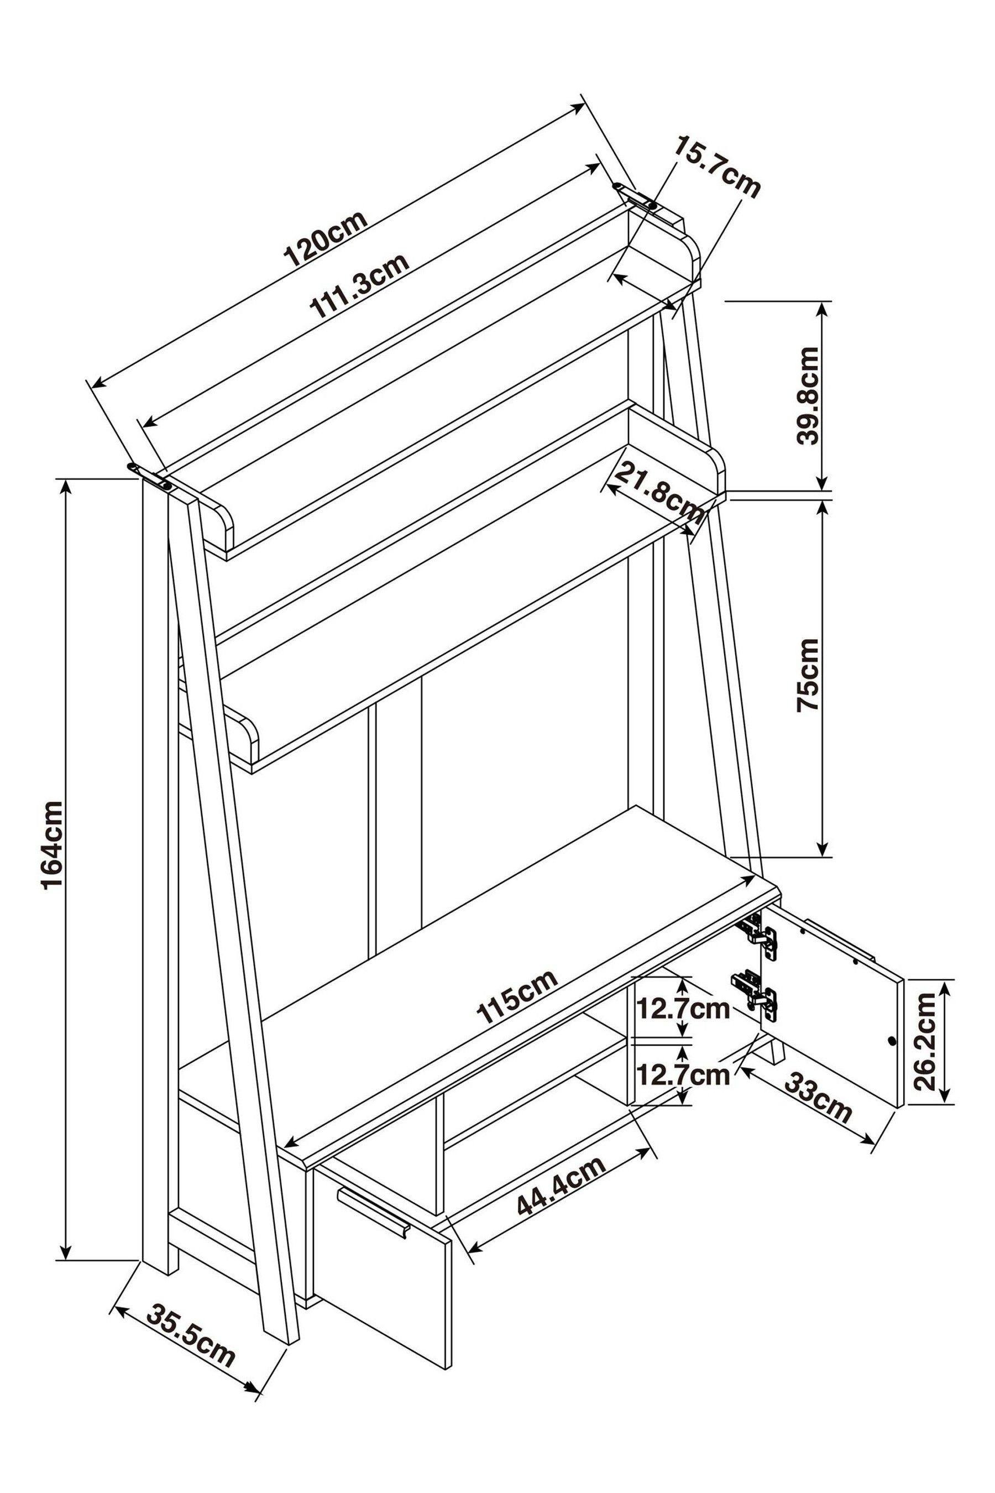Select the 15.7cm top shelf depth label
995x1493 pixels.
point(716,168)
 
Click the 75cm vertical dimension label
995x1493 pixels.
point(808,675)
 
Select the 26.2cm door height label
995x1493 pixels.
point(927,1042)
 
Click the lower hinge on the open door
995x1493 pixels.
point(756,1001)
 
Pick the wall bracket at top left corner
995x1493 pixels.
point(151,477)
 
